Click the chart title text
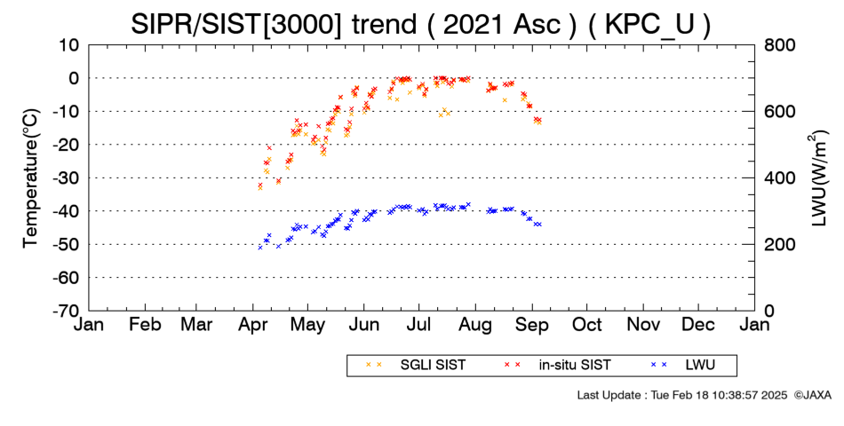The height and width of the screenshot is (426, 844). pos(420,24)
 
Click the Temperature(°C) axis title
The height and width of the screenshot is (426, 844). pos(31,177)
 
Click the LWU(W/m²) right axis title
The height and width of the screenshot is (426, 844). pos(818,177)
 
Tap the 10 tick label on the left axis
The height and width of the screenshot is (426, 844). pos(68,45)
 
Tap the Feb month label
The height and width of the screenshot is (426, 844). pos(146,325)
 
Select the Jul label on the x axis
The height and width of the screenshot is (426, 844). pos(419,325)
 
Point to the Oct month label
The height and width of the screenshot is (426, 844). pos(586,325)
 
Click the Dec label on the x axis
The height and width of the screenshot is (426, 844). pos(698,325)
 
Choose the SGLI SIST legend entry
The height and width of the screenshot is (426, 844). pos(416,366)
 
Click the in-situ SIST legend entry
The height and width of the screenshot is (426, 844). pos(557,366)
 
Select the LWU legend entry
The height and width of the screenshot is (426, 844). pos(683,366)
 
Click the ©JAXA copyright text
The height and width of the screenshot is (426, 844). pos(812,395)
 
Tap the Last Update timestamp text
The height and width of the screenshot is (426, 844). pos(682,395)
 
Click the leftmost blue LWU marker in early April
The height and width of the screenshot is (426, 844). pos(260,248)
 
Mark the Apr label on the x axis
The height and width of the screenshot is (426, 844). pos(253,325)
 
